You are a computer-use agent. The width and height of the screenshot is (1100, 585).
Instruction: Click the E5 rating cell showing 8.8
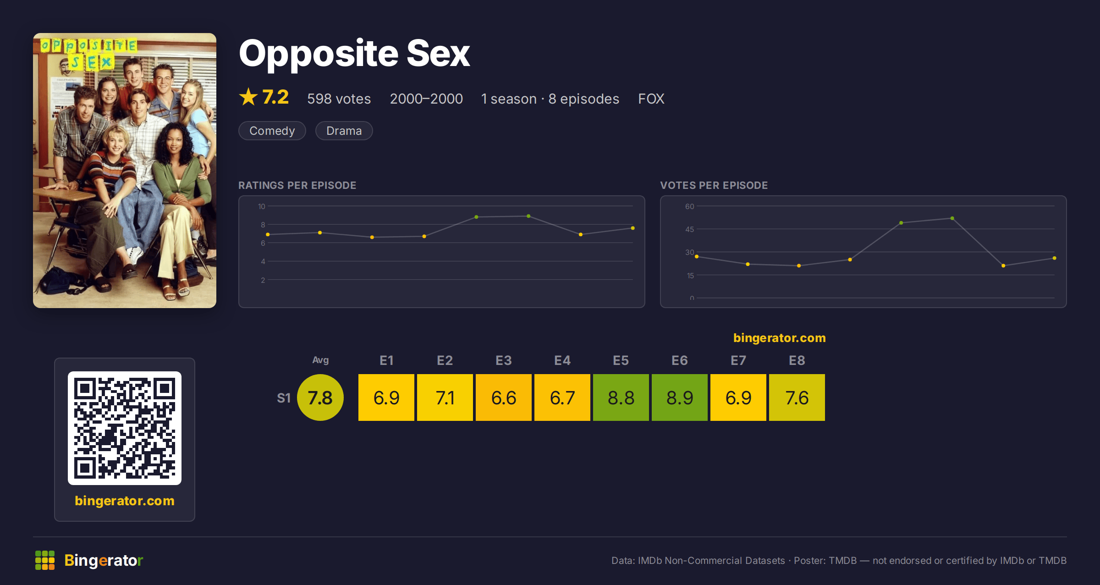[x=621, y=397]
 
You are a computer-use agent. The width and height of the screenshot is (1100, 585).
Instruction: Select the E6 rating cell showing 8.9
[x=680, y=397]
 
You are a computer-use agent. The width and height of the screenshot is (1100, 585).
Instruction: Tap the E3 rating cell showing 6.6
[x=504, y=397]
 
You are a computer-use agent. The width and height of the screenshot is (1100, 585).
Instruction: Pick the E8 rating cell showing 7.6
[x=797, y=397]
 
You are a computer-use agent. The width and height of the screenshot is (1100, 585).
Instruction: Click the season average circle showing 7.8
[x=320, y=397]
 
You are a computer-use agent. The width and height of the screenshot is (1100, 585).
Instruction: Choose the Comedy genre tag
[x=272, y=131]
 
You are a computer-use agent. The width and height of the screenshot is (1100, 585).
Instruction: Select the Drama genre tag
[x=344, y=131]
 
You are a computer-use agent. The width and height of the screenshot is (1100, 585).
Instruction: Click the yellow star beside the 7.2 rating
[x=248, y=97]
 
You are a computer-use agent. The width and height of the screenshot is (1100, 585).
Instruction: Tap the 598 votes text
[x=339, y=99]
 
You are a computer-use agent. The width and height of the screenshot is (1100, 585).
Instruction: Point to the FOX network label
[x=651, y=99]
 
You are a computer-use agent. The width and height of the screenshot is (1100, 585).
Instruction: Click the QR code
[x=125, y=428]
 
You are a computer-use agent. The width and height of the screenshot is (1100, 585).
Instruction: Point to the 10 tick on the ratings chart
[x=262, y=206]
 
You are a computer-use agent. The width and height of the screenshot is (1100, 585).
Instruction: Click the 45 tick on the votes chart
[x=690, y=229]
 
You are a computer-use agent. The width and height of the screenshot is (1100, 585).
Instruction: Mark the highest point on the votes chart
[x=952, y=218]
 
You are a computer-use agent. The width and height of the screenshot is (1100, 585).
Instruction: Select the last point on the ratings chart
[x=633, y=228]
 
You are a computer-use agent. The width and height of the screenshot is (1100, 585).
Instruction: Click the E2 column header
[x=445, y=360]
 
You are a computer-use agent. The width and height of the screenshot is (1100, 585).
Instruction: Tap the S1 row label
[x=284, y=398]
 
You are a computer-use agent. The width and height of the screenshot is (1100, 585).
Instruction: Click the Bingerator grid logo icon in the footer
[x=45, y=560]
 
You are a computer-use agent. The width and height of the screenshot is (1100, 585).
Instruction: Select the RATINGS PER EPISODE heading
[x=297, y=185]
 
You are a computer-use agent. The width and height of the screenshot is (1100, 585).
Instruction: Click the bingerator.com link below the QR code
[x=125, y=501]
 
